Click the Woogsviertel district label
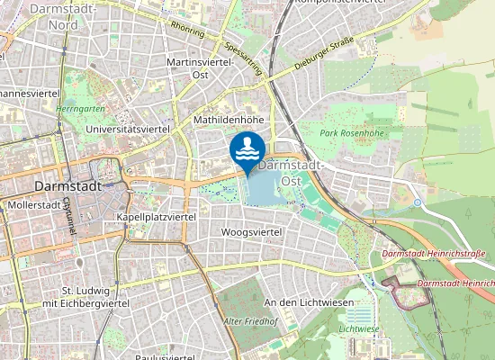pyautogui.click(x=251, y=232)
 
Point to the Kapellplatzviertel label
pyautogui.click(x=157, y=218)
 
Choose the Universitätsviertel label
pyautogui.click(x=126, y=130)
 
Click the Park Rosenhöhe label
pyautogui.click(x=351, y=133)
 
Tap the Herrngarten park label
pyautogui.click(x=80, y=107)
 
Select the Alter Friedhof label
pyautogui.click(x=249, y=320)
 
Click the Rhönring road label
pyautogui.click(x=186, y=29)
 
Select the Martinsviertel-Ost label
pyautogui.click(x=201, y=67)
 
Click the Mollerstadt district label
pyautogui.click(x=31, y=205)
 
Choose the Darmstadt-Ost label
pyautogui.click(x=290, y=173)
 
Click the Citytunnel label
pyautogui.click(x=68, y=216)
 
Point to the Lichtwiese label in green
pyautogui.click(x=359, y=329)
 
